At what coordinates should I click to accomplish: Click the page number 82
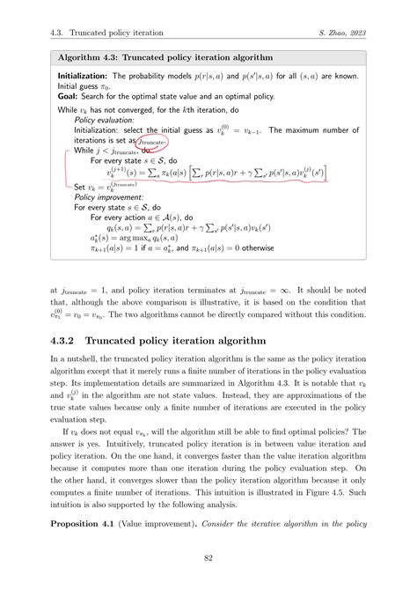(208, 557)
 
